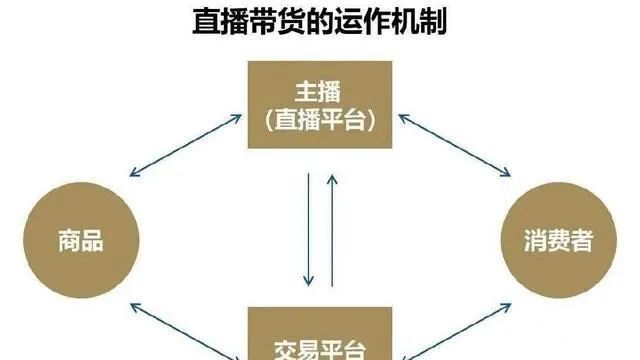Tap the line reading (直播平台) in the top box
pyautogui.click(x=320, y=121)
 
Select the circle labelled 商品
pyautogui.click(x=80, y=241)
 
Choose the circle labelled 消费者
pyautogui.click(x=558, y=241)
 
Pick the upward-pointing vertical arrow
pyautogui.click(x=332, y=230)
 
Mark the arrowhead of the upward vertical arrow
pyautogui.click(x=332, y=177)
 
